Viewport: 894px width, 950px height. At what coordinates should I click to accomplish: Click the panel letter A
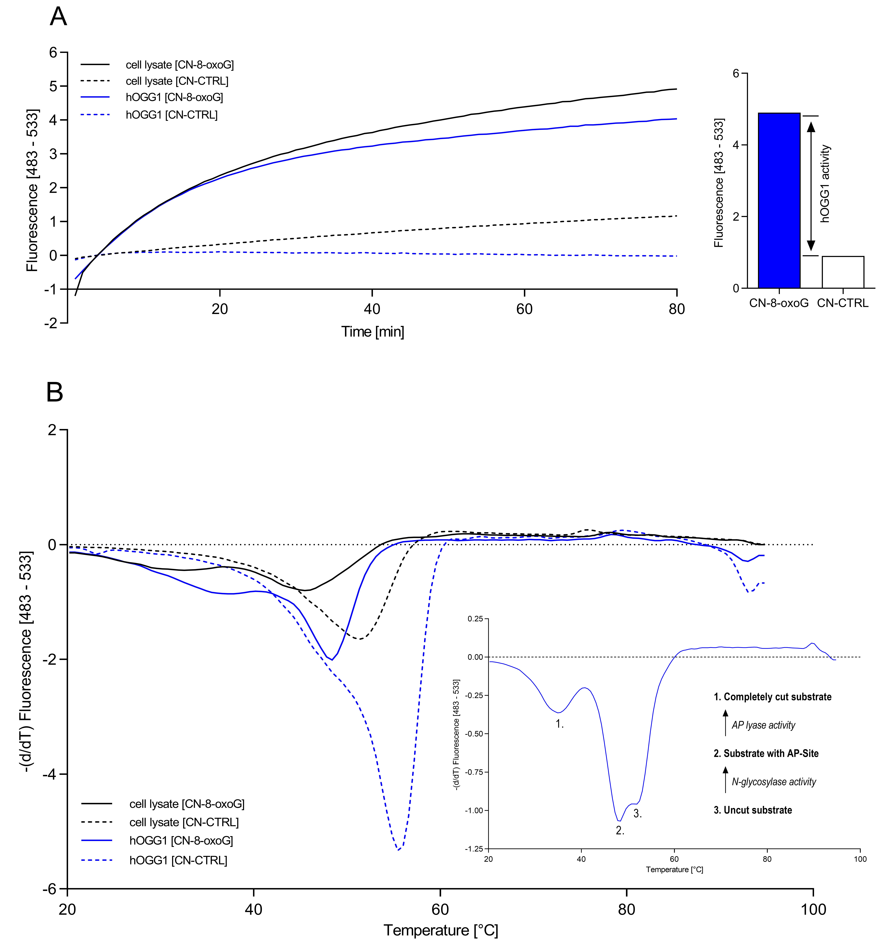tap(58, 17)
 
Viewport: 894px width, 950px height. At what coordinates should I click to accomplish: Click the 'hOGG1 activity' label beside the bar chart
tap(825, 184)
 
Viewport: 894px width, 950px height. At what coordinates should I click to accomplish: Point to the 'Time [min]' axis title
tap(373, 332)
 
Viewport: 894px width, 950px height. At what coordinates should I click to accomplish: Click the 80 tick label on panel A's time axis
tap(677, 309)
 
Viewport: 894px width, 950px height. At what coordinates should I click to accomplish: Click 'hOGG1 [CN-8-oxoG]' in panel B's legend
tap(181, 841)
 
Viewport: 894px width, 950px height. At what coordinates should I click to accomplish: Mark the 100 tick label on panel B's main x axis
tap(813, 909)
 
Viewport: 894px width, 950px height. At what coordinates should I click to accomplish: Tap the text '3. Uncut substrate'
tap(753, 810)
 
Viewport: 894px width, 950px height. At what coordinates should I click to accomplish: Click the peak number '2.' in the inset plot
tap(620, 831)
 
